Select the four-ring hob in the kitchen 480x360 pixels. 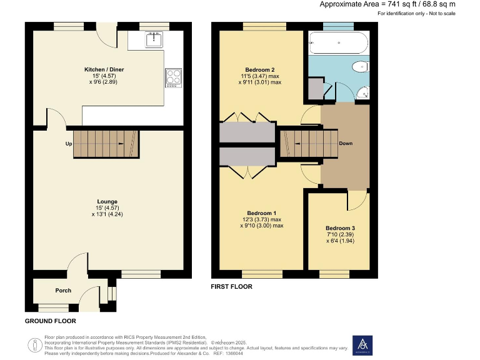click(x=173, y=77)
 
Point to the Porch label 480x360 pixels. click(x=63, y=291)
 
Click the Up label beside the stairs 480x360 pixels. click(x=68, y=144)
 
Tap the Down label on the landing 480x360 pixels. click(x=346, y=144)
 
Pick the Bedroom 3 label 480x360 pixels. click(x=341, y=228)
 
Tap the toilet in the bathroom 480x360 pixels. click(x=360, y=67)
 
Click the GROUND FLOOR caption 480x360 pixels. click(x=50, y=321)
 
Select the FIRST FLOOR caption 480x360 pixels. click(x=232, y=287)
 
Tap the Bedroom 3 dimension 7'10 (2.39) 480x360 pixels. click(x=341, y=234)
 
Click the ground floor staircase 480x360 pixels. click(x=105, y=144)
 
